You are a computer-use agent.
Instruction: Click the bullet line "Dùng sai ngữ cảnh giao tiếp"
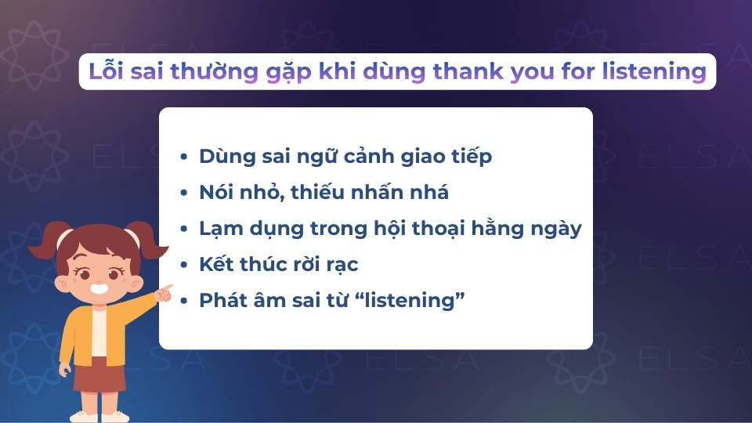click(x=345, y=157)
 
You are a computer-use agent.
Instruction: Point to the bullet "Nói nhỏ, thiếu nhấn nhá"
click(x=324, y=193)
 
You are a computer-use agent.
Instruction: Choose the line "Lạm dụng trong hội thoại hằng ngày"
click(x=390, y=229)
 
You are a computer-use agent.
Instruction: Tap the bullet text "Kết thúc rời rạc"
click(x=279, y=265)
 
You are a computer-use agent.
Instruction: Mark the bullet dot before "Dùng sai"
click(x=183, y=157)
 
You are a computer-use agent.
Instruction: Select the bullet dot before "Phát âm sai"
click(x=183, y=301)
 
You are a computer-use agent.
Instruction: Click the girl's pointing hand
click(x=164, y=292)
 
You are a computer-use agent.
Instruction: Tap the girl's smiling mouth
click(x=100, y=287)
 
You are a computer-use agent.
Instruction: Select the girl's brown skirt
click(x=99, y=375)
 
